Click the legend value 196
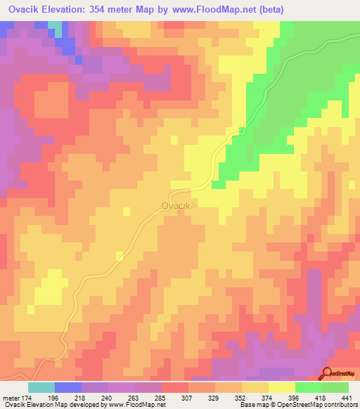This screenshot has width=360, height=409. (x=67, y=398)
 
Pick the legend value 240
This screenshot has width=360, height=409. (x=121, y=398)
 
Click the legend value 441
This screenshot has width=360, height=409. (x=346, y=398)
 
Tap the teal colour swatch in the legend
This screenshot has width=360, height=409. (x=41, y=387)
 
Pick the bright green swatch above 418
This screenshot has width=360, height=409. (x=309, y=387)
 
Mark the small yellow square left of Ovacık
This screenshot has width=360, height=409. (x=126, y=210)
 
